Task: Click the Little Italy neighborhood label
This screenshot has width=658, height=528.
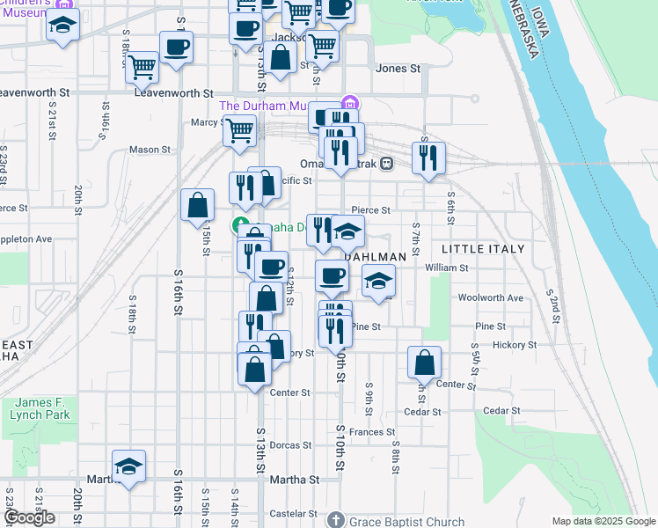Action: pyautogui.click(x=483, y=250)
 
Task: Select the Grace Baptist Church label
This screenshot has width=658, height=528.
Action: pyautogui.click(x=403, y=521)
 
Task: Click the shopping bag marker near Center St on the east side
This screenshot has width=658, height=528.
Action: pyautogui.click(x=425, y=363)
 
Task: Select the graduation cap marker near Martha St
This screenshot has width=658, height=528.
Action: pyautogui.click(x=128, y=467)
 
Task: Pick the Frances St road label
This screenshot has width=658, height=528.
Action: pyautogui.click(x=371, y=432)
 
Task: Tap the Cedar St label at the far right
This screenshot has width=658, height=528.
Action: pyautogui.click(x=502, y=411)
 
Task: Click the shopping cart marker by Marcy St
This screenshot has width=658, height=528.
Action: pyautogui.click(x=239, y=131)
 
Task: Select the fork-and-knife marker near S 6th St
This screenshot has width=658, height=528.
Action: pyautogui.click(x=428, y=158)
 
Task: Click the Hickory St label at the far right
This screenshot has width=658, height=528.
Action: pyautogui.click(x=514, y=345)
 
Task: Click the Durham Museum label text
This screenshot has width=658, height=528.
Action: pyautogui.click(x=265, y=106)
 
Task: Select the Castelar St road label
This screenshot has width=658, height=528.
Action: pyautogui.click(x=293, y=513)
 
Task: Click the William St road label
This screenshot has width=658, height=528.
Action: pyautogui.click(x=447, y=267)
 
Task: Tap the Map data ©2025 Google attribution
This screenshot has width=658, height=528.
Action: pyautogui.click(x=603, y=521)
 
